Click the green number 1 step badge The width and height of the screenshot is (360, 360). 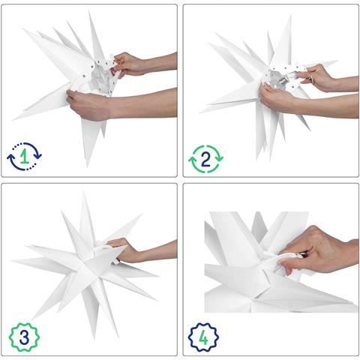(25, 157)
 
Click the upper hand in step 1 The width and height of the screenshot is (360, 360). (130, 64)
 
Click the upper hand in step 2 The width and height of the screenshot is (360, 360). (316, 75)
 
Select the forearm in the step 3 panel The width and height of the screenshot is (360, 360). (162, 250)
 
